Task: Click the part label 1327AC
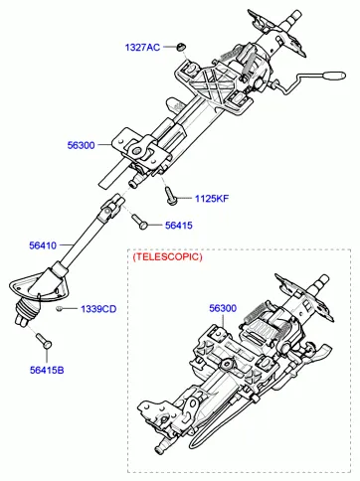click(x=142, y=48)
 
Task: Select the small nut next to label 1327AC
click(x=180, y=47)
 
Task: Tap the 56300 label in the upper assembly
click(x=81, y=145)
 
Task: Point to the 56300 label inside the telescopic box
click(x=223, y=308)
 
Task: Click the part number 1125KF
click(x=212, y=199)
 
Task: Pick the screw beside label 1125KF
click(x=171, y=196)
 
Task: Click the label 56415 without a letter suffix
click(x=179, y=226)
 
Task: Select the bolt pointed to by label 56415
click(x=139, y=222)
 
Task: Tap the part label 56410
click(x=43, y=245)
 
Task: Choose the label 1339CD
click(x=98, y=309)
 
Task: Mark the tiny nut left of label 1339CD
click(x=59, y=309)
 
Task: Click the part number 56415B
click(x=47, y=370)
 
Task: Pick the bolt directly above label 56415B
click(x=44, y=341)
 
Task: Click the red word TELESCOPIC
click(x=167, y=256)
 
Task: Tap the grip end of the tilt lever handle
click(x=333, y=76)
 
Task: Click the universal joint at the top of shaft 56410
click(x=111, y=208)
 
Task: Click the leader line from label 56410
click(x=65, y=245)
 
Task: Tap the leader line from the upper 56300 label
click(x=103, y=145)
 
